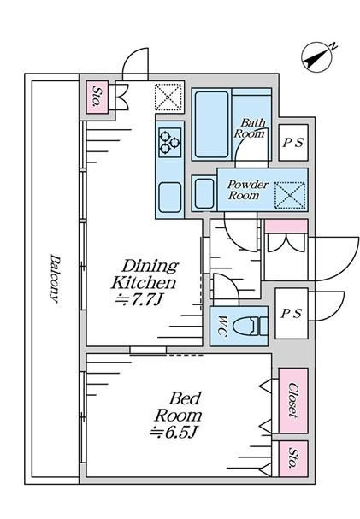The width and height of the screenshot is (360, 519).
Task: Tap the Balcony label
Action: (55, 279)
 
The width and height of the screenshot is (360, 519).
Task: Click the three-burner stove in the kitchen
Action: (170, 142)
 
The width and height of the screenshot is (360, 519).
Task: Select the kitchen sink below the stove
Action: (170, 198)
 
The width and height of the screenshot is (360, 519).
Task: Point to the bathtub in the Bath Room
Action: (212, 125)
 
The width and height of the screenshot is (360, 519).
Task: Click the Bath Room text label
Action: (251, 127)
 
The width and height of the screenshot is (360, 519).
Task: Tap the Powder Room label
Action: (247, 190)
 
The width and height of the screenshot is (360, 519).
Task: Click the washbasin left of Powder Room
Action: (204, 193)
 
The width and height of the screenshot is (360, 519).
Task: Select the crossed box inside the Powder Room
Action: (290, 195)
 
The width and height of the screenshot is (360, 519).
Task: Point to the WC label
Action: (223, 327)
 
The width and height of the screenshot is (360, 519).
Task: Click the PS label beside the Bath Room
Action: (292, 143)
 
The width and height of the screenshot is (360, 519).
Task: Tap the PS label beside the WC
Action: (292, 313)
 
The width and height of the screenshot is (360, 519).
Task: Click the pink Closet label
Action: (292, 400)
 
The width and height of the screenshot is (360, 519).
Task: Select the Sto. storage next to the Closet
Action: (293, 458)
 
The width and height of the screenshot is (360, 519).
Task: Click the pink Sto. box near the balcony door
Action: (97, 97)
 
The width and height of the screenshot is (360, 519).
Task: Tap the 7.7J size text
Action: (139, 300)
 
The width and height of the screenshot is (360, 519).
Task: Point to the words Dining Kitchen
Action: (145, 274)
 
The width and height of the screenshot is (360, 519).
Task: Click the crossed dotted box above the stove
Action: (168, 97)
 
